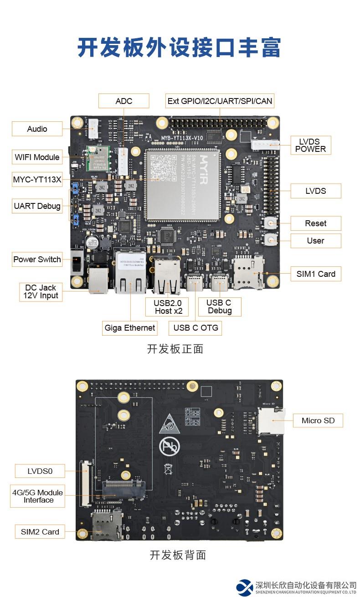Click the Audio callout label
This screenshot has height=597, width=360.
tap(37, 129)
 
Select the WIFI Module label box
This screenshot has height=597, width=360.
tap(37, 157)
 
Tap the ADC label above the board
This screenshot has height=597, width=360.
tap(124, 101)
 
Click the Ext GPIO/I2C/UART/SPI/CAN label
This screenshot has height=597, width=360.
tap(220, 101)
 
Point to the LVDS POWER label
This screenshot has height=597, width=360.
tap(310, 145)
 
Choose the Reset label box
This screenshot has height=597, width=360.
tap(315, 223)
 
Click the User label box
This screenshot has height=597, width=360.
tap(315, 241)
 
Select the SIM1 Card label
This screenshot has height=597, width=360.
tap(316, 274)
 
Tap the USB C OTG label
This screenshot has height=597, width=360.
tap(195, 327)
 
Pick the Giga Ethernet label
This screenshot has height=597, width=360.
tap(130, 327)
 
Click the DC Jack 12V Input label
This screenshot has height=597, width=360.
tap(41, 292)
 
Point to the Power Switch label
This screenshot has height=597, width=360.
tap(37, 260)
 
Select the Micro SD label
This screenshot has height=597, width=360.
tap(318, 420)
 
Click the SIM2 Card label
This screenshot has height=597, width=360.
tap(40, 532)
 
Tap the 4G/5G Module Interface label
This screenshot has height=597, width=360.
tap(38, 496)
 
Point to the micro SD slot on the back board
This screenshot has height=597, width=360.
tap(271, 420)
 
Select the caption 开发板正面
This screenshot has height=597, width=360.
tap(175, 349)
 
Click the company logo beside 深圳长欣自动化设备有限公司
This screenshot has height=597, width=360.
tap(245, 587)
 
